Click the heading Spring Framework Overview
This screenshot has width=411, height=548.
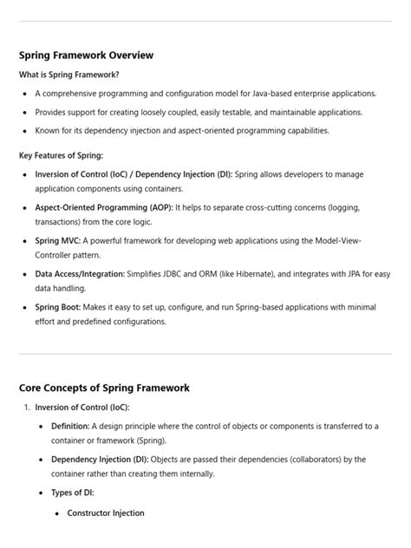pyautogui.click(x=86, y=55)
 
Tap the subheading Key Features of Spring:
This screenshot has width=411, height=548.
pyautogui.click(x=61, y=155)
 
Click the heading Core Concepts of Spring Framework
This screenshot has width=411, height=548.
pyautogui.click(x=104, y=388)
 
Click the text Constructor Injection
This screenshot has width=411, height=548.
pyautogui.click(x=106, y=512)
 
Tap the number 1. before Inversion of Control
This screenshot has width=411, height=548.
pyautogui.click(x=27, y=408)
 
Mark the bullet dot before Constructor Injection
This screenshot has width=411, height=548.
pyautogui.click(x=57, y=513)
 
